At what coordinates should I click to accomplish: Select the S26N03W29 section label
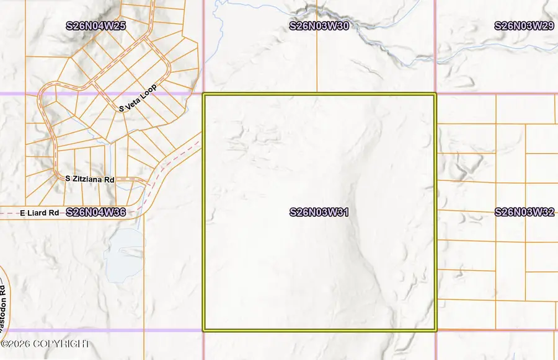pos(524,26)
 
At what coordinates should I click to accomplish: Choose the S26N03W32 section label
pos(524,212)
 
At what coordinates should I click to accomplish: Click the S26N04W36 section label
pos(95,212)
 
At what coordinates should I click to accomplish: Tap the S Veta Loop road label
pos(138,99)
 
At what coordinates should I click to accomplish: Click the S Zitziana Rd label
pos(91,179)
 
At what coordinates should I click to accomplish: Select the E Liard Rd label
pos(39,213)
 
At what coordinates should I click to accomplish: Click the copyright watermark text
pos(45,344)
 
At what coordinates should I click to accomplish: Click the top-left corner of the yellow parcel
pos(204,95)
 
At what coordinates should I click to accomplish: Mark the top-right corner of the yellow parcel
pos(435,95)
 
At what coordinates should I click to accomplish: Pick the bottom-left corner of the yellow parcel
pos(204,330)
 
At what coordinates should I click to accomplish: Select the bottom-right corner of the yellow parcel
pos(435,330)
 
